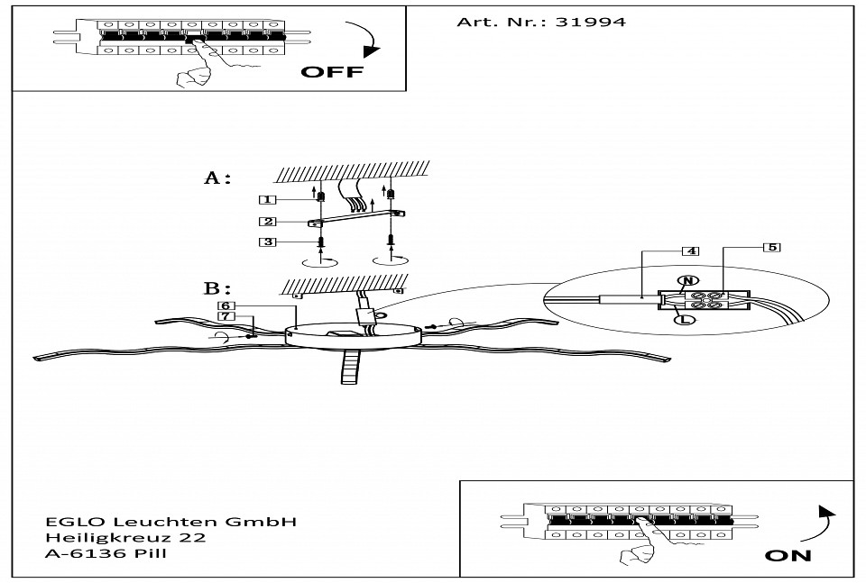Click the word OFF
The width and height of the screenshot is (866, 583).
(x=331, y=73)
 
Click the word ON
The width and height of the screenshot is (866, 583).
(x=788, y=555)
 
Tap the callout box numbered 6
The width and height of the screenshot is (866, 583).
(x=226, y=306)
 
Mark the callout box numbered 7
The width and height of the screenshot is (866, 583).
(x=226, y=317)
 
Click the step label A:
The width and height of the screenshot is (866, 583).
(x=217, y=178)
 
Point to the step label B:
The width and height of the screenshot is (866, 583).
(x=217, y=289)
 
